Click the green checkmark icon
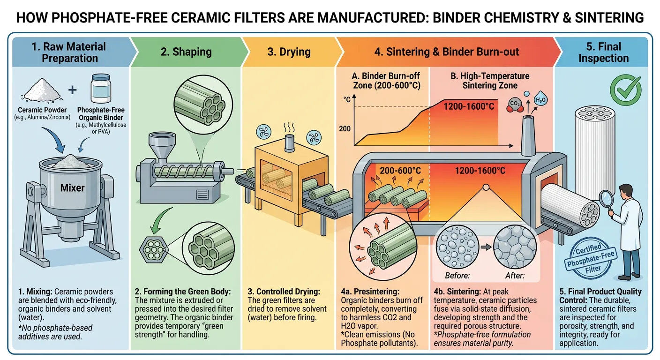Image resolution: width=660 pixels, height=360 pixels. click(626, 87)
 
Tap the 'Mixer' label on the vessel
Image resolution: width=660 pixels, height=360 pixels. click(73, 188)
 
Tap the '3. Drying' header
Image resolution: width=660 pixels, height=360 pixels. click(289, 52)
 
